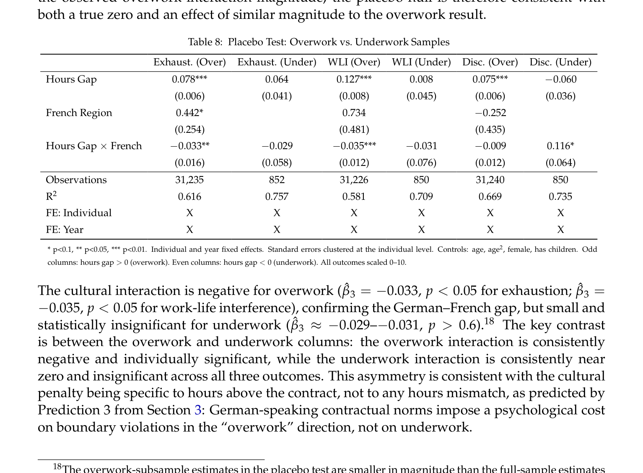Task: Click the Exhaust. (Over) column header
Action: click(x=189, y=62)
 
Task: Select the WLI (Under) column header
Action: click(x=421, y=62)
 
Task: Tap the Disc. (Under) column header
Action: click(x=560, y=62)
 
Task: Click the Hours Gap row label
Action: click(x=71, y=80)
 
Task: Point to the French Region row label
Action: click(x=79, y=113)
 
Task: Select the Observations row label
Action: click(x=76, y=180)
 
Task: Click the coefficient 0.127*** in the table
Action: click(x=354, y=80)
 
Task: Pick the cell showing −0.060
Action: click(x=560, y=80)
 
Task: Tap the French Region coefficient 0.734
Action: click(x=354, y=113)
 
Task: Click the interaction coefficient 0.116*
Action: click(x=560, y=146)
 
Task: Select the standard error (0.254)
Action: click(x=189, y=129)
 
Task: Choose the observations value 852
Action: click(x=277, y=180)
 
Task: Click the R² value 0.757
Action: click(x=277, y=196)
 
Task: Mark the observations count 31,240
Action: click(x=490, y=180)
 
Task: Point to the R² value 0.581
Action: click(x=354, y=196)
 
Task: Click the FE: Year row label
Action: click(x=65, y=230)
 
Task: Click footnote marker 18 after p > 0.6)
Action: click(x=489, y=322)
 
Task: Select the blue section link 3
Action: click(x=198, y=410)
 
